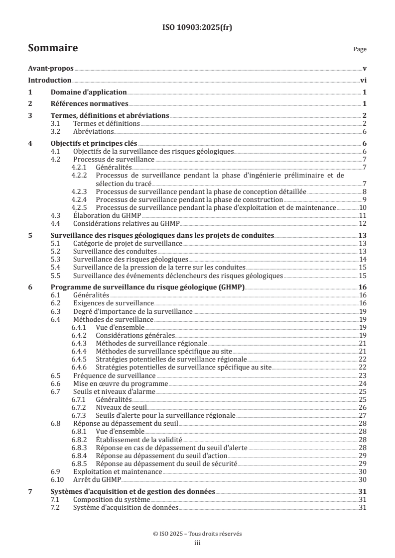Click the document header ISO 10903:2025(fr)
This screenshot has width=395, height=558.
(197, 28)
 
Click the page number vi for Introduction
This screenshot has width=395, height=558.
(364, 81)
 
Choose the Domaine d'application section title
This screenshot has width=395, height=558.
(89, 93)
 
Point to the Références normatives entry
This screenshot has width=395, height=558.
(90, 104)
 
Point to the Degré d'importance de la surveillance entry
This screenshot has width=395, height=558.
(132, 311)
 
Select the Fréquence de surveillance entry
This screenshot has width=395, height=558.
(114, 375)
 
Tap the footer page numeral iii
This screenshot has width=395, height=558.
(197, 544)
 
